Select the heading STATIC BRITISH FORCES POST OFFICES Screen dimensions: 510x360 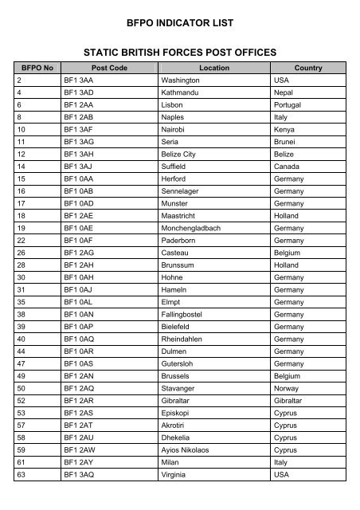pyautogui.click(x=180, y=53)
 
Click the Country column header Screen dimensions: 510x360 pyautogui.click(x=307, y=69)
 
